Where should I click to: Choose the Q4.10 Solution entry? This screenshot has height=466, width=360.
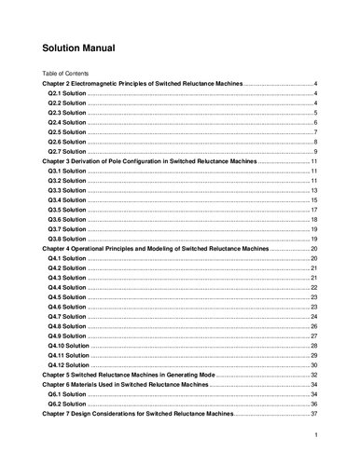pyautogui.click(x=69, y=346)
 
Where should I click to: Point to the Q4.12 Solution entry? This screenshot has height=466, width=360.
pyautogui.click(x=69, y=365)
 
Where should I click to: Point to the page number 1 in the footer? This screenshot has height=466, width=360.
pyautogui.click(x=317, y=434)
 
